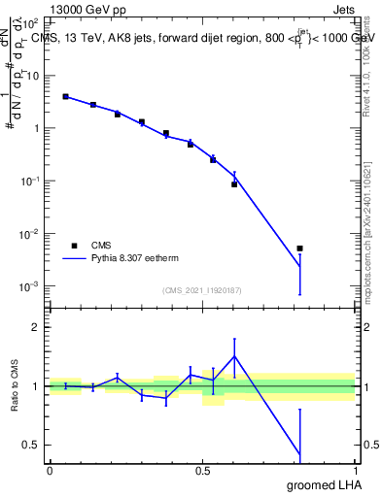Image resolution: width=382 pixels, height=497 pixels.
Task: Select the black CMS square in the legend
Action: pyautogui.click(x=74, y=246)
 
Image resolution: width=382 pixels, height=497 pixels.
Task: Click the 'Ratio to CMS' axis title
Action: pyautogui.click(x=13, y=385)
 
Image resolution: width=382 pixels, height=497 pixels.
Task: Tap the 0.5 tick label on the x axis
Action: pyautogui.click(x=201, y=471)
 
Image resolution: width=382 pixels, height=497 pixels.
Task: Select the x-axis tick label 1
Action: pyautogui.click(x=354, y=471)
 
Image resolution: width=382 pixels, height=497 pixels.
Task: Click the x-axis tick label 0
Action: pyautogui.click(x=50, y=471)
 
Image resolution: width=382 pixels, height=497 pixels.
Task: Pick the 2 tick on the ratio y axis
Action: pyautogui.click(x=36, y=327)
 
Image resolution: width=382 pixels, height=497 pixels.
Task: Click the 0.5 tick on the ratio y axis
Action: pyautogui.click(x=31, y=445)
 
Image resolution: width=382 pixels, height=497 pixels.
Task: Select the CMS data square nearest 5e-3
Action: pyautogui.click(x=300, y=248)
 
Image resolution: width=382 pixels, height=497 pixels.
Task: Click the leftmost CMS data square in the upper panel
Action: pyautogui.click(x=65, y=96)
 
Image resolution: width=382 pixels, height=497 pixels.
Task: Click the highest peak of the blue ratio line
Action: pyautogui.click(x=234, y=355)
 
